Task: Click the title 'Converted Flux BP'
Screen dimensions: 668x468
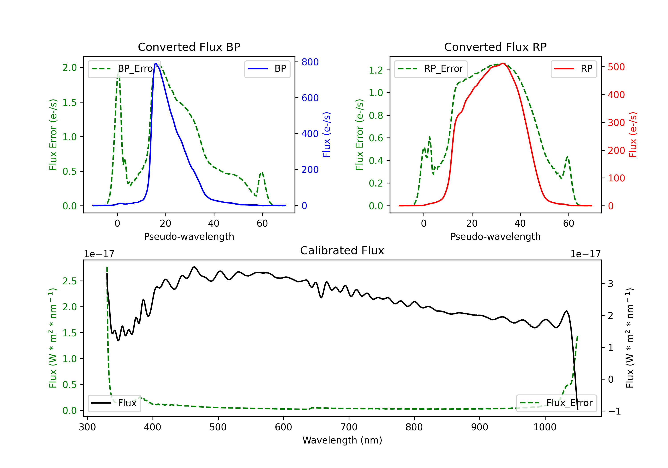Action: (x=189, y=47)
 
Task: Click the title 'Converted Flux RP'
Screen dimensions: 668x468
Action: (x=495, y=47)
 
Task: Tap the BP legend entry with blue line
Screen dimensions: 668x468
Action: (x=267, y=69)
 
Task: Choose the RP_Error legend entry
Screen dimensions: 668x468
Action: (x=431, y=69)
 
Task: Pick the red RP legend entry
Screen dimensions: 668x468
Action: (x=573, y=69)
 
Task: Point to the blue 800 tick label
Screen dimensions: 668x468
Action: (x=310, y=62)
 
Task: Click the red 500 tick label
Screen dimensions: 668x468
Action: (x=616, y=67)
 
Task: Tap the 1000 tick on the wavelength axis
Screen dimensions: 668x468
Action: (x=545, y=427)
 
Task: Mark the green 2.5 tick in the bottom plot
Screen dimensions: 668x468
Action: (x=69, y=281)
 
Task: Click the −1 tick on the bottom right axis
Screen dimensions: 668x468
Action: (x=615, y=411)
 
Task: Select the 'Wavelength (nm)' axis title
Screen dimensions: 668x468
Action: (x=342, y=440)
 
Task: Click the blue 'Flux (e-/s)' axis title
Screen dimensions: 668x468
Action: (x=326, y=135)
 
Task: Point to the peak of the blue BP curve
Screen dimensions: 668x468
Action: (x=156, y=63)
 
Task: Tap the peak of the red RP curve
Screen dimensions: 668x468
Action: (x=503, y=63)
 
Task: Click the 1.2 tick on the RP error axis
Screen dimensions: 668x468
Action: (x=376, y=70)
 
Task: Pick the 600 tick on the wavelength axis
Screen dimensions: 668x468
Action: (x=283, y=427)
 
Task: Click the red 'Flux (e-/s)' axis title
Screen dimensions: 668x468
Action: (x=633, y=135)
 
